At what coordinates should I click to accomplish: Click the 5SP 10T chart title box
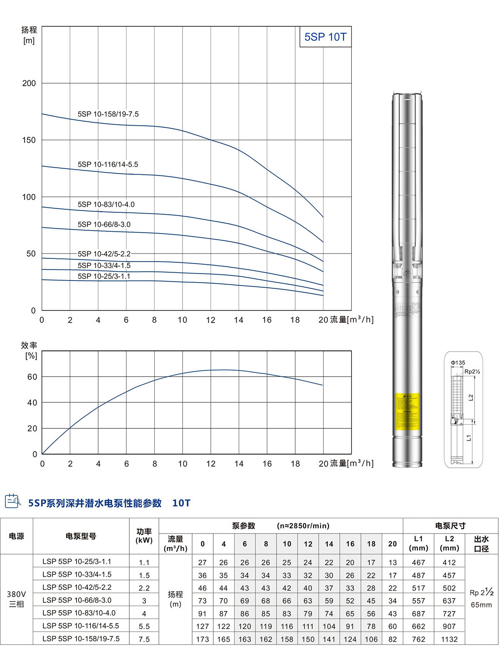pos(325,37)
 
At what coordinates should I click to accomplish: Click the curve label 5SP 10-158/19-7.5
pos(108,114)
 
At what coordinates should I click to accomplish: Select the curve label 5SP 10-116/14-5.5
pos(108,164)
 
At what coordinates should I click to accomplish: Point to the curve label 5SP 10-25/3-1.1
pos(104,276)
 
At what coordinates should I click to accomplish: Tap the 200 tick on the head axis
pos(29,83)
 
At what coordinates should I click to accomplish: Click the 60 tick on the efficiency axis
pos(32,377)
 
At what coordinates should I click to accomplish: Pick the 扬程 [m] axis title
pos(29,35)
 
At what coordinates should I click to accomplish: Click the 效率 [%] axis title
pos(30,350)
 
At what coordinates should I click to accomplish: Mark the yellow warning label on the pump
pos(407,411)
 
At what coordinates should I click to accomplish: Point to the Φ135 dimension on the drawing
pos(458,363)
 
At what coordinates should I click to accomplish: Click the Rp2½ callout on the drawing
pos(472,372)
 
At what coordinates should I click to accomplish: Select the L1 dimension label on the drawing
pos(469,438)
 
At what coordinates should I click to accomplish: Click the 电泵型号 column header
pos(81,536)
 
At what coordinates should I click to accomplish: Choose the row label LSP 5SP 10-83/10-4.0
pos(79,613)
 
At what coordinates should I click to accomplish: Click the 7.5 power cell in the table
pos(144,639)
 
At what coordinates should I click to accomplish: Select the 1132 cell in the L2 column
pos(449,639)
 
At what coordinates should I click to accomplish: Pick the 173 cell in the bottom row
pos(203,639)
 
